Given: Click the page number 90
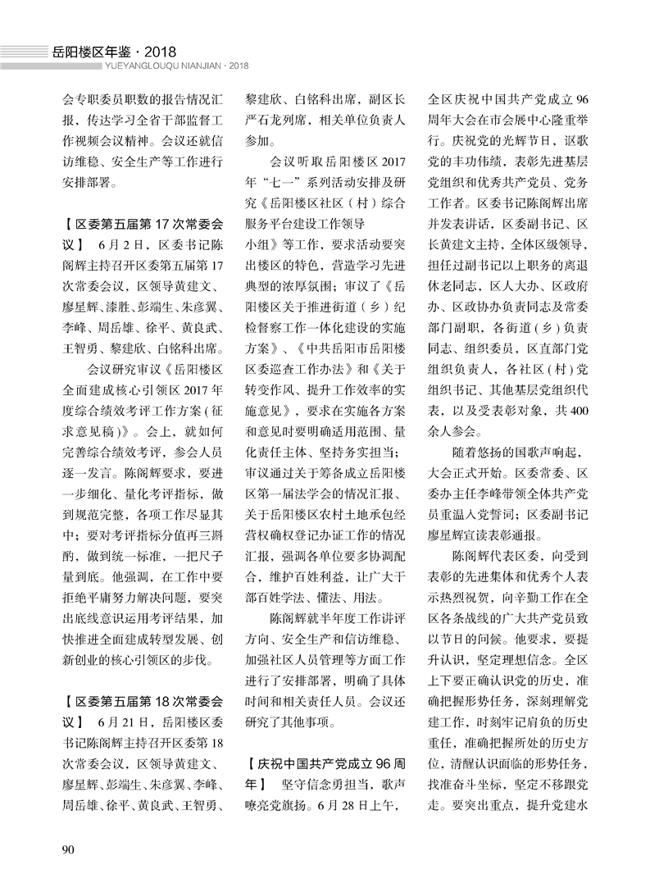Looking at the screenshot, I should coord(69,846).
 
